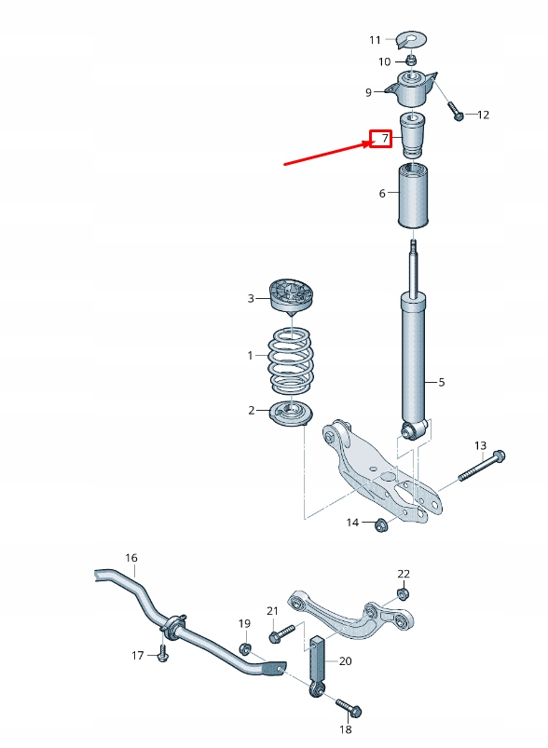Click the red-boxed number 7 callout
[x=380, y=139]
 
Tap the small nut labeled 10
[x=410, y=61]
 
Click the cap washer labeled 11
[x=409, y=39]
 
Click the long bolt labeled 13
[x=482, y=465]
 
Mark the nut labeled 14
[x=380, y=526]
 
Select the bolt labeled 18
[x=343, y=704]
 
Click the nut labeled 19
[x=244, y=648]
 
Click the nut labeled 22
[x=403, y=593]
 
